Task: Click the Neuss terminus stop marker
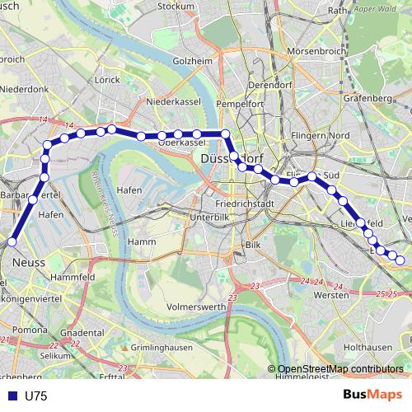pyautogui.click(x=12, y=241)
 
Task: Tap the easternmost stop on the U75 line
pyautogui.click(x=400, y=260)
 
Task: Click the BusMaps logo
pyautogui.click(x=371, y=396)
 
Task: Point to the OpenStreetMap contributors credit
pyautogui.click(x=340, y=369)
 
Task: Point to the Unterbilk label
pyautogui.click(x=208, y=217)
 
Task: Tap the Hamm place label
pyautogui.click(x=143, y=241)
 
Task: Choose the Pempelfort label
pyautogui.click(x=239, y=105)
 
